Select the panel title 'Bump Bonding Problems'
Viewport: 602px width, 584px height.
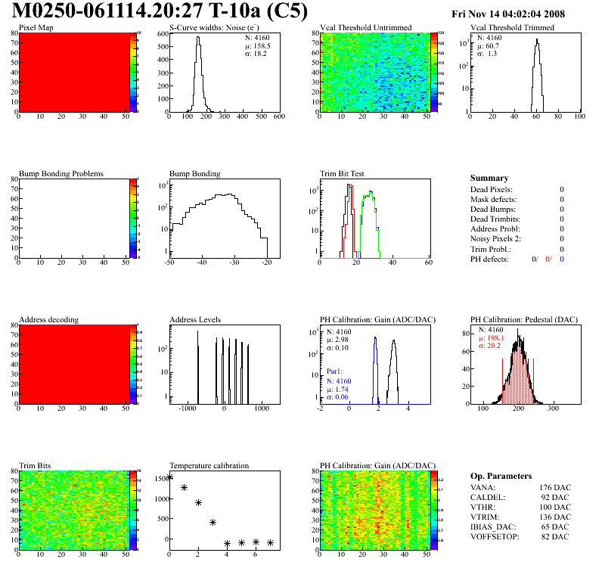click(61, 173)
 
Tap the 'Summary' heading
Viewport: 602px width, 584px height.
click(489, 178)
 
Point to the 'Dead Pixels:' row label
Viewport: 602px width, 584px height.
click(491, 189)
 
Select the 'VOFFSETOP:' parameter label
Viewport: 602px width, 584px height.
click(496, 536)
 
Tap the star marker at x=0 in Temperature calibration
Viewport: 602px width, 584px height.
click(169, 477)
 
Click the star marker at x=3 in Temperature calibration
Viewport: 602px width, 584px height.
click(213, 522)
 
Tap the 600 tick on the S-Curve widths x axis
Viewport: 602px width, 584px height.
click(278, 117)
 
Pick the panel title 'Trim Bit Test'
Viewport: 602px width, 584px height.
click(343, 173)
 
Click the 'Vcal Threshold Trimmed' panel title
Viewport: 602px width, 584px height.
click(512, 27)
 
